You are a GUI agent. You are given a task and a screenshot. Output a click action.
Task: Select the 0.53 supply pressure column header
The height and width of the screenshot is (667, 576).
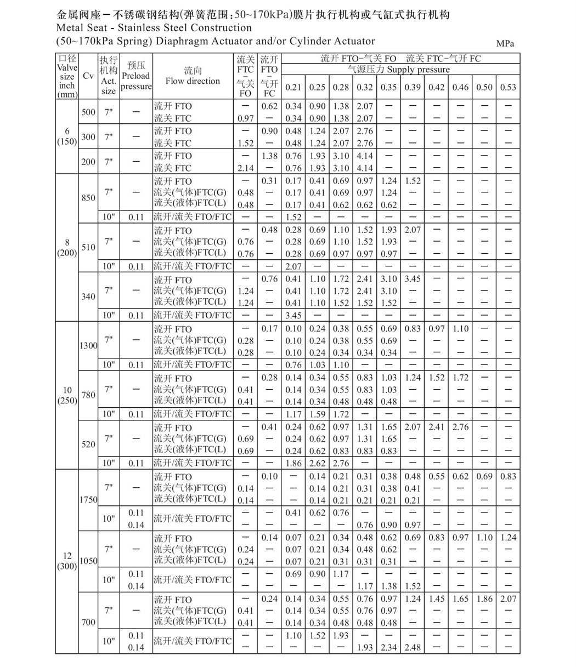(508, 87)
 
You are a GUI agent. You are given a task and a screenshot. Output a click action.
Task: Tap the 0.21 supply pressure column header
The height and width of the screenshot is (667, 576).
(293, 87)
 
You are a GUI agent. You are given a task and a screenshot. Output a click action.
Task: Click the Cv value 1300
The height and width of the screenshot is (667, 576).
(88, 346)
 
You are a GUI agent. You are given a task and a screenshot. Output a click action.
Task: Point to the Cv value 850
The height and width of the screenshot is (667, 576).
(88, 198)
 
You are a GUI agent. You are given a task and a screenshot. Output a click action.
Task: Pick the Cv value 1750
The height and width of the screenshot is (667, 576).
(88, 499)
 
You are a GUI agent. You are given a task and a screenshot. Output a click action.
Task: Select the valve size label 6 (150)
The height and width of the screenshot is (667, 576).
(67, 136)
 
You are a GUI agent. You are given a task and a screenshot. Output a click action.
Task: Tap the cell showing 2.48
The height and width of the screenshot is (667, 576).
(413, 647)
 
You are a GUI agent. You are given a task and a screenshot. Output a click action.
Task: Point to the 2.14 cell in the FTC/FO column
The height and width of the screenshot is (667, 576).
(245, 168)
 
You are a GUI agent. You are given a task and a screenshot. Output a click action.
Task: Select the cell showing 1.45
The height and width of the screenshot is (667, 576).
(437, 598)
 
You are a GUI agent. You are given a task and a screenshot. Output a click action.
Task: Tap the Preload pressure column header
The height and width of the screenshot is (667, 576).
(135, 76)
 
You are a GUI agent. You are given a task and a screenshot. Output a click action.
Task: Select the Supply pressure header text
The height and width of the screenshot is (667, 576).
(418, 70)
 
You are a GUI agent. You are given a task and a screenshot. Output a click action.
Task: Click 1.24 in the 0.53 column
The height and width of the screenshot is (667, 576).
(508, 537)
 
